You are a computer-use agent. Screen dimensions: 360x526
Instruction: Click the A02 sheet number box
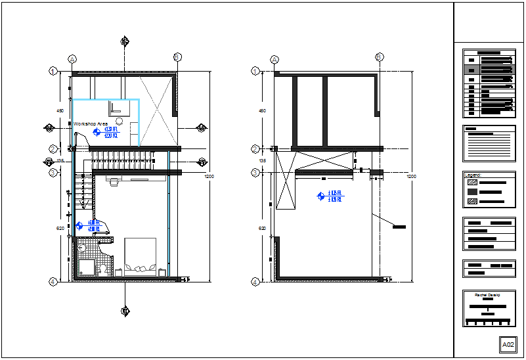pyautogui.click(x=508, y=344)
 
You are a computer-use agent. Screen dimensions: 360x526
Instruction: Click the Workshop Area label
pyautogui.click(x=91, y=124)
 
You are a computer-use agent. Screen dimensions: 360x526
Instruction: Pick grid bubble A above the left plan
pyautogui.click(x=72, y=58)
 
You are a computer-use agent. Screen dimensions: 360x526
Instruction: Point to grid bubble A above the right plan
pyautogui.click(x=274, y=58)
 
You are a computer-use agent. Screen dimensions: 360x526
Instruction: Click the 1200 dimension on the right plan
pyautogui.click(x=410, y=177)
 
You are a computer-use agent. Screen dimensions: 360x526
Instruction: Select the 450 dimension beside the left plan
pyautogui.click(x=60, y=111)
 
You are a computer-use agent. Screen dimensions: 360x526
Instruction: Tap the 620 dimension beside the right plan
pyautogui.click(x=263, y=229)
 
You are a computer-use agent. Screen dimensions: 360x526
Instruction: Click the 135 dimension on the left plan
pyautogui.click(x=60, y=161)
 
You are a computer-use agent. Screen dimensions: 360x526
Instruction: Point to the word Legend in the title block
pyautogui.click(x=473, y=175)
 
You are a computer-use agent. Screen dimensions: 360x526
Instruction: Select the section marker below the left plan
pyautogui.click(x=125, y=311)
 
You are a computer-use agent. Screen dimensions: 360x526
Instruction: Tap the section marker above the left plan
pyautogui.click(x=125, y=41)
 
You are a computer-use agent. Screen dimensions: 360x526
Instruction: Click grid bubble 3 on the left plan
pyautogui.click(x=52, y=173)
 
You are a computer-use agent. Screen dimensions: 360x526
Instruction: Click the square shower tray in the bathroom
pyautogui.click(x=85, y=267)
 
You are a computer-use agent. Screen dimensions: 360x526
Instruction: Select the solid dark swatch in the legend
pyautogui.click(x=471, y=192)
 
